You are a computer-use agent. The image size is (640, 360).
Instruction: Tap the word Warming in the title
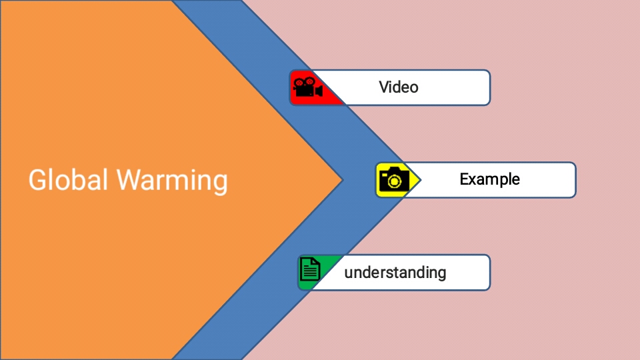tap(171, 181)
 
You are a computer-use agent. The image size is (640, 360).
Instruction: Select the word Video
tap(399, 87)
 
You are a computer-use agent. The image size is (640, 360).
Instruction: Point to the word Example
tap(489, 179)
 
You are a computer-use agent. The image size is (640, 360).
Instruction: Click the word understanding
tap(395, 272)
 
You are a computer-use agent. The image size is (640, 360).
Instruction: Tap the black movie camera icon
tap(308, 88)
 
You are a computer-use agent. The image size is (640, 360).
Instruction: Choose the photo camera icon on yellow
tap(393, 179)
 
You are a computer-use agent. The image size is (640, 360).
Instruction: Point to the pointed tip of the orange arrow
tap(341, 179)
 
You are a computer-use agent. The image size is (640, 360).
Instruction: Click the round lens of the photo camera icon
tap(394, 181)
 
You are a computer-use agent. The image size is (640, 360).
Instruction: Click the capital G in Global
tap(37, 181)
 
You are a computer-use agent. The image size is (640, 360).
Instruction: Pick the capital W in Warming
tap(129, 181)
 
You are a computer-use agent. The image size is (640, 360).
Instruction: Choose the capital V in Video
tap(384, 87)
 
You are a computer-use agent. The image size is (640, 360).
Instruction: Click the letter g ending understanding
tap(441, 273)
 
